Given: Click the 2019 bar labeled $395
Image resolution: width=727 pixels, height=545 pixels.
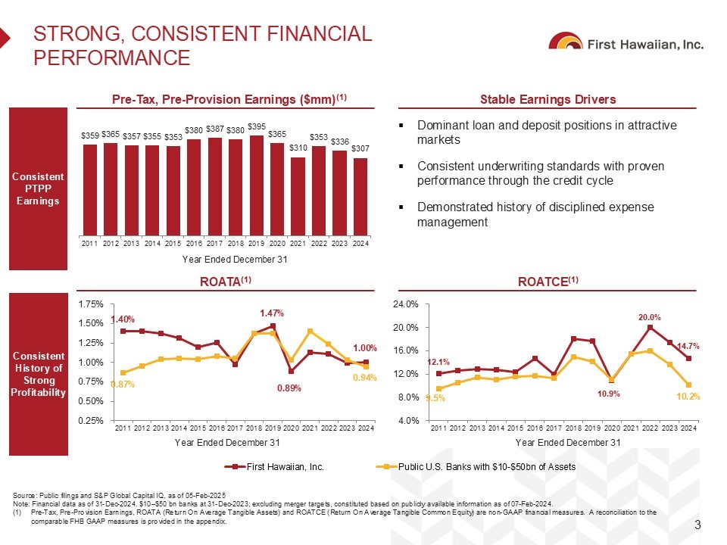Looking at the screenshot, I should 257,185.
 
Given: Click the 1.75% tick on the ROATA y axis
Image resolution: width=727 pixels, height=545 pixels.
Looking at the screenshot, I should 92,304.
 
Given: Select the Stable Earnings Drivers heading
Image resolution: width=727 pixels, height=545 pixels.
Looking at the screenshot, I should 548,99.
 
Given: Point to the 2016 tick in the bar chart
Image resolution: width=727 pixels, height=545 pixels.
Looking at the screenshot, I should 194,243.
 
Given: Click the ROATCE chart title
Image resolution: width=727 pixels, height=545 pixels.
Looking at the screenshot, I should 548,282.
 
